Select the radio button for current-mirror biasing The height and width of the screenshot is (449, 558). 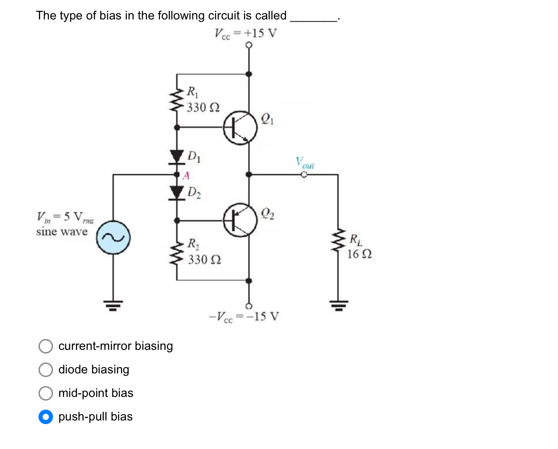pos(45,346)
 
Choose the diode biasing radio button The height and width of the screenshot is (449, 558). pos(45,370)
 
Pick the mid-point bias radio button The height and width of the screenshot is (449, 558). pos(45,393)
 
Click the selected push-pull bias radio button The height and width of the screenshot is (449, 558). pos(45,417)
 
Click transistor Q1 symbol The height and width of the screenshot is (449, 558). pos(240,128)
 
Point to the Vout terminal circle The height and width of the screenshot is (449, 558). pos(304,174)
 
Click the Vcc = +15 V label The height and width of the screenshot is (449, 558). pos(245,33)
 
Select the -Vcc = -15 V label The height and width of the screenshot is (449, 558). pos(244,316)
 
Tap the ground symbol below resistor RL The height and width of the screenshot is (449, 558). pos(338,305)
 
